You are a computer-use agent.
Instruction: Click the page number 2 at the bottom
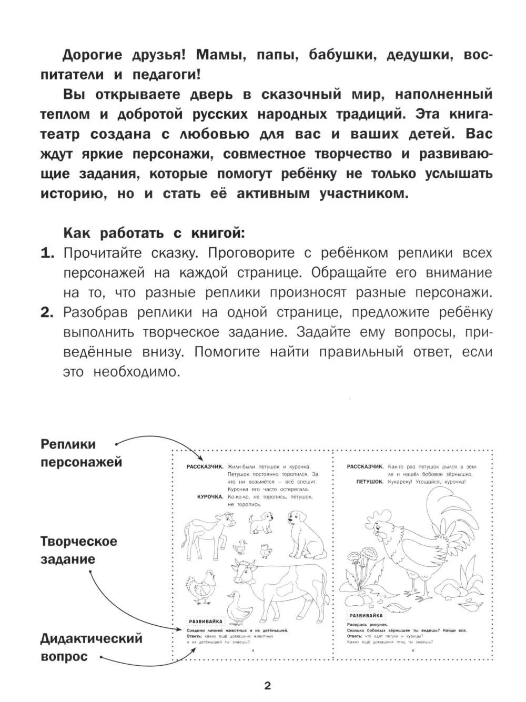pyautogui.click(x=267, y=685)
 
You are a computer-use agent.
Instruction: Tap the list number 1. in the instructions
pyautogui.click(x=48, y=253)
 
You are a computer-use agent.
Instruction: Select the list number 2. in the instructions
pyautogui.click(x=48, y=313)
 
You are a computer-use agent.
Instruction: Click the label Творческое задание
pyautogui.click(x=79, y=550)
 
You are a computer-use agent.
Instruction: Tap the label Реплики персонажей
pyautogui.click(x=81, y=453)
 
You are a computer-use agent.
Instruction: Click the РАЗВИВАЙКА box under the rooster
pyautogui.click(x=367, y=615)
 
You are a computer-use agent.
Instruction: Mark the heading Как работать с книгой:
pyautogui.click(x=154, y=232)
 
